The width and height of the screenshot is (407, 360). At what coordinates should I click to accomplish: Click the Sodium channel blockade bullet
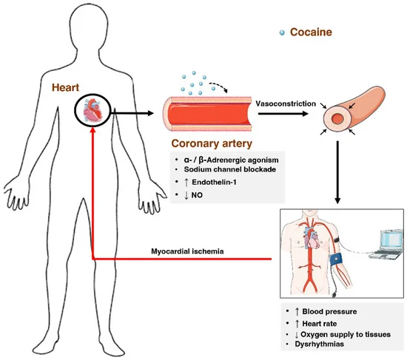coord(222,169)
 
